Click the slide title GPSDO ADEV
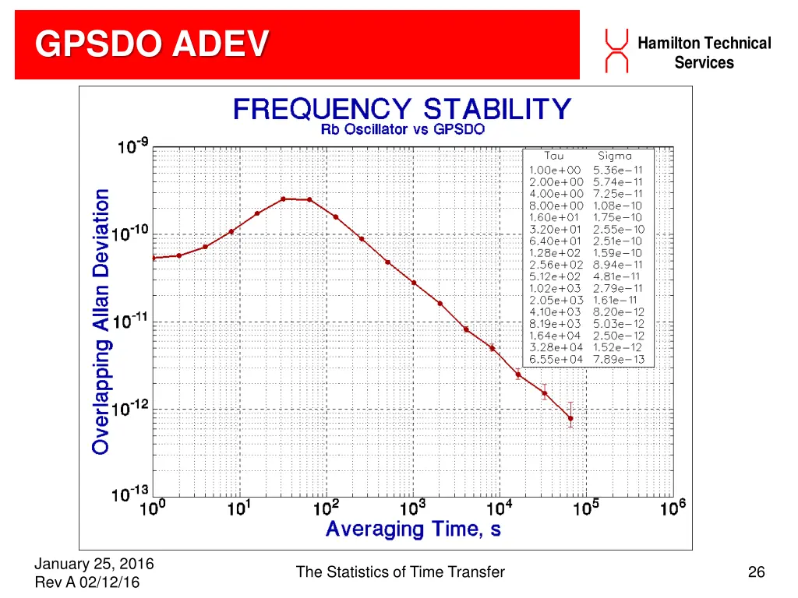[153, 44]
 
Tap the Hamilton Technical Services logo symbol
[616, 50]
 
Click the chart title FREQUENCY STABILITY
[402, 108]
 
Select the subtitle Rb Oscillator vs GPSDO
[402, 129]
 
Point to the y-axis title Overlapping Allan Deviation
[101, 321]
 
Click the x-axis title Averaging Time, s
[413, 529]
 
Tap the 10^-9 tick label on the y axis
[134, 146]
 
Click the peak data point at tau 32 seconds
[284, 199]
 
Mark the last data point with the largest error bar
[570, 418]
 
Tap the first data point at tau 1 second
[154, 258]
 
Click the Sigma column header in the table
[615, 157]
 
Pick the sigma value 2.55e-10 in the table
[619, 229]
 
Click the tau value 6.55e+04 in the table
[556, 359]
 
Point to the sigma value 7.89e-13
[619, 359]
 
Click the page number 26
[756, 572]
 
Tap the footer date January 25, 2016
[94, 564]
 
